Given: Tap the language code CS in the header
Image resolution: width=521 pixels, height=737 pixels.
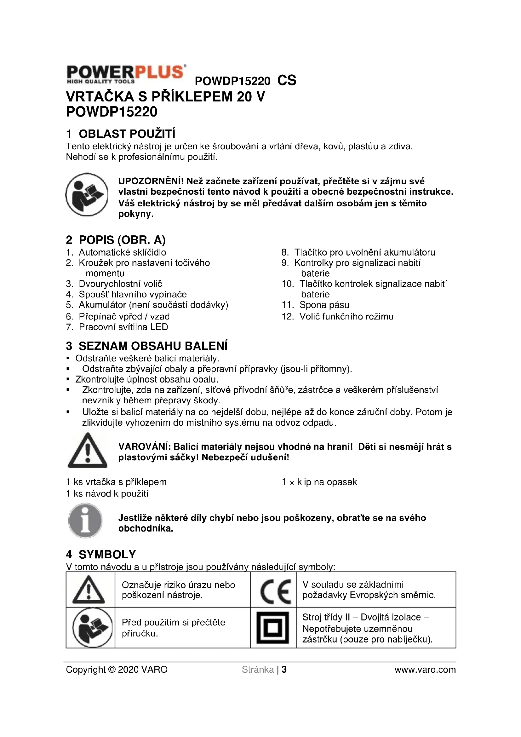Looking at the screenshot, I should point(287,80).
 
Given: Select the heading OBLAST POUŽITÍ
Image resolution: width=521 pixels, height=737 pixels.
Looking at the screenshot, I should point(127,134).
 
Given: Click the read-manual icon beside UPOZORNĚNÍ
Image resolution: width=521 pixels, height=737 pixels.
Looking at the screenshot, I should point(87,194).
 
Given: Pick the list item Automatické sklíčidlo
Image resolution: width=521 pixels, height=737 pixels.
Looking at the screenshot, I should point(123,252).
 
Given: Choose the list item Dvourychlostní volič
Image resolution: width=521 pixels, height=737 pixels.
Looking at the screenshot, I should point(121,284).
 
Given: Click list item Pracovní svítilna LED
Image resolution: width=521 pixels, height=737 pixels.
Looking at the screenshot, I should point(123,327).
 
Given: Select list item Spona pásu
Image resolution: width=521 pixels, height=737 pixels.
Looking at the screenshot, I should point(324,305).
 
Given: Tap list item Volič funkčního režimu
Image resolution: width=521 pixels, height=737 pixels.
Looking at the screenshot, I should point(346,316).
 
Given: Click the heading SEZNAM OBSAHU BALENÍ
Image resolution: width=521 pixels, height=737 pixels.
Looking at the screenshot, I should point(153,346).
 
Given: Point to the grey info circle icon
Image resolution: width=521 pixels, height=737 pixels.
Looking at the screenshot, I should point(85,521).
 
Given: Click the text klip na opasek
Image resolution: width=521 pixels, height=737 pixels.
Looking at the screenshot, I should point(327,482).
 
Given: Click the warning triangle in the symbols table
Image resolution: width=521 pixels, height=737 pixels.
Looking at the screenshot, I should point(89,590).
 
